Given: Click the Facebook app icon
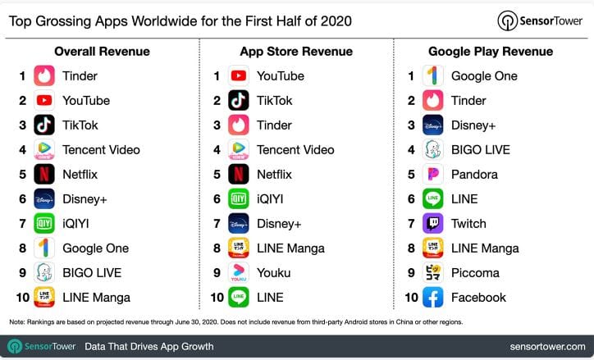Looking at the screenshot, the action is pyautogui.click(x=432, y=297).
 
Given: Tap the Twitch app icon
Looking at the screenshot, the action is pyautogui.click(x=432, y=223).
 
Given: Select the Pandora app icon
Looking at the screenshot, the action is pyautogui.click(x=432, y=174).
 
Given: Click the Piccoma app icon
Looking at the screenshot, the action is pyautogui.click(x=432, y=272).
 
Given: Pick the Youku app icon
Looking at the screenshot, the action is pyautogui.click(x=238, y=272).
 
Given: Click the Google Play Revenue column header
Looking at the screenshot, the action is pyautogui.click(x=491, y=52).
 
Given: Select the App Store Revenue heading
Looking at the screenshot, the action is pyautogui.click(x=296, y=52).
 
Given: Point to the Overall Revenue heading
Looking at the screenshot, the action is pyautogui.click(x=102, y=52).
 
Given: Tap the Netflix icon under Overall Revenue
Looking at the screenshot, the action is pyautogui.click(x=44, y=174).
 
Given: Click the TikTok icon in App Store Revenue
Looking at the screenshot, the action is pyautogui.click(x=238, y=100).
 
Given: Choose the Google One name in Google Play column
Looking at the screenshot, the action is pyautogui.click(x=484, y=75).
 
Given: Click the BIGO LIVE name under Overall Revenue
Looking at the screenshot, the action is pyautogui.click(x=92, y=272).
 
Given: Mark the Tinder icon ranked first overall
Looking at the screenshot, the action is pyautogui.click(x=44, y=75).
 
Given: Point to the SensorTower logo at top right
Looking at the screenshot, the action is pyautogui.click(x=540, y=21).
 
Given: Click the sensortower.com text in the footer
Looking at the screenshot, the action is pyautogui.click(x=547, y=346).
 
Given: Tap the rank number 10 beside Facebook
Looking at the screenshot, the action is pyautogui.click(x=411, y=298).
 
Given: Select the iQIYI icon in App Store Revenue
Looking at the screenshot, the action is pyautogui.click(x=238, y=198).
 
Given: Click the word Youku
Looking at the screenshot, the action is pyautogui.click(x=273, y=272).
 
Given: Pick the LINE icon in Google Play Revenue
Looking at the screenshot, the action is pyautogui.click(x=432, y=198).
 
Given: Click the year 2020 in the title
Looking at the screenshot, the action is pyautogui.click(x=336, y=21).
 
